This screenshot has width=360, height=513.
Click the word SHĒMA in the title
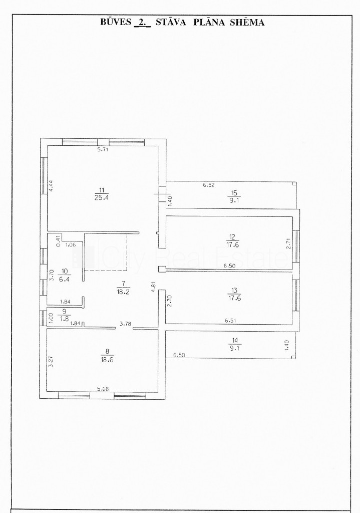click(x=247, y=22)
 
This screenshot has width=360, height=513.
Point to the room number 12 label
click(x=232, y=236)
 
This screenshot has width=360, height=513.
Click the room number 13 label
click(x=234, y=290)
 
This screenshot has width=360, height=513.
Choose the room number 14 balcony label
click(x=235, y=341)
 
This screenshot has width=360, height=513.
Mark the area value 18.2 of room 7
click(x=123, y=292)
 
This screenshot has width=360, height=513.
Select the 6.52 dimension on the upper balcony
click(x=209, y=185)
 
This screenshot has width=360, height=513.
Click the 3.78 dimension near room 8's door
click(x=125, y=324)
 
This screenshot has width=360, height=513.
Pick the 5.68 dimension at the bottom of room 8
click(x=103, y=389)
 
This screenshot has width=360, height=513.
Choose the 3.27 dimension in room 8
click(x=51, y=361)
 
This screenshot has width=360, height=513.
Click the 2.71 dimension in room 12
click(x=288, y=244)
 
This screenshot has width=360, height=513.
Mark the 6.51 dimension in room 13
click(x=230, y=321)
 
